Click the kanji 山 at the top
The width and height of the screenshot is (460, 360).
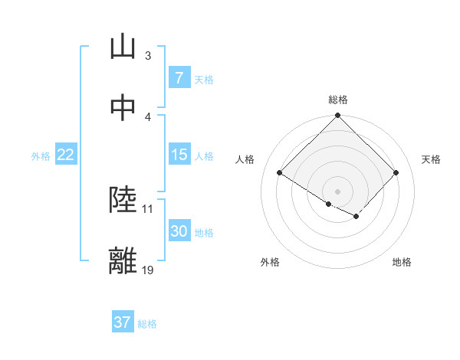tap(123, 47)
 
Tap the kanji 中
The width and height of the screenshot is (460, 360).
tap(123, 108)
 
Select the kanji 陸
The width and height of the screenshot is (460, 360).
tap(123, 200)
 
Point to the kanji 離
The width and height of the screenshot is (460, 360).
tap(123, 261)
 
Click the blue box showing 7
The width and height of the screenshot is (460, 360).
tap(179, 78)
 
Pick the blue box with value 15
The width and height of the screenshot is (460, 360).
tap(179, 155)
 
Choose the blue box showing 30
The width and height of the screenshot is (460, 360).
tap(179, 231)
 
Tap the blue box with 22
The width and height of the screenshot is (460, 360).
tap(65, 155)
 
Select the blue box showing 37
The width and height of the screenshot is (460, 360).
tap(122, 322)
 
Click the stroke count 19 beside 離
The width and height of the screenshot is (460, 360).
tap(148, 270)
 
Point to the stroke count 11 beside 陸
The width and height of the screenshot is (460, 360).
tap(148, 208)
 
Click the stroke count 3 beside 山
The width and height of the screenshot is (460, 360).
tap(148, 56)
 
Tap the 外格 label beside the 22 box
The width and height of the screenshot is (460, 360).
tap(41, 155)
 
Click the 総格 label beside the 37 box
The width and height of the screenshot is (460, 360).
tap(147, 324)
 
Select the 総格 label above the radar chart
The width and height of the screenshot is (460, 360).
tap(338, 100)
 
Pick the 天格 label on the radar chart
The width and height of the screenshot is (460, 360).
tap(432, 159)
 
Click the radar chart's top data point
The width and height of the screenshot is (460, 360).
tap(337, 116)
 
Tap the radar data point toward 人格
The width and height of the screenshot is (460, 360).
tap(280, 173)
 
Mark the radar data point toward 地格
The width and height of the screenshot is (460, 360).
tap(356, 217)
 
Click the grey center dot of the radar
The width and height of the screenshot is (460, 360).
tap(337, 191)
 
